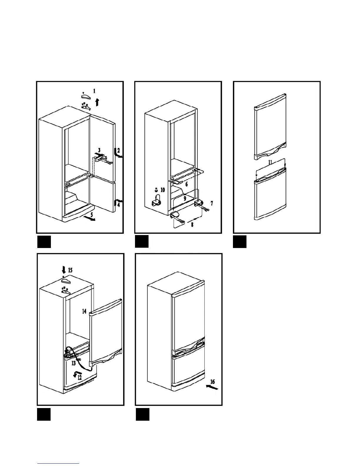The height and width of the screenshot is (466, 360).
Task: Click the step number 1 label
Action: point(94,91)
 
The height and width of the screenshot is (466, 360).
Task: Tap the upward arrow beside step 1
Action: point(97,102)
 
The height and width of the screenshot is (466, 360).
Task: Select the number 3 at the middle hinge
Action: point(99,150)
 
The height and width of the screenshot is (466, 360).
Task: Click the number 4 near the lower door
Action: point(118,205)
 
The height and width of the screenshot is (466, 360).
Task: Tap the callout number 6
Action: point(186,184)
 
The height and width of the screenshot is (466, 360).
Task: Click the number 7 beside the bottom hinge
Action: point(212,203)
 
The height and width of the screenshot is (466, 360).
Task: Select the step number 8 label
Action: point(192,225)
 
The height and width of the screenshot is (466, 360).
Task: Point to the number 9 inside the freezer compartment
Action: point(185,199)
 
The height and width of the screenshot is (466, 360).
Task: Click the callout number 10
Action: point(163,190)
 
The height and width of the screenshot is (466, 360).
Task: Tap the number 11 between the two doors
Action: point(270,162)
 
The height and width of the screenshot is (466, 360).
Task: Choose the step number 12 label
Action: point(80,378)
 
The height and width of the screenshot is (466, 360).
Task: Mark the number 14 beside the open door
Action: point(84,311)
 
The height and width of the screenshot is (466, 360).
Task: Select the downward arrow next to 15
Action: point(64,269)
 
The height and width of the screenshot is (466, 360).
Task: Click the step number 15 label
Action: point(71,270)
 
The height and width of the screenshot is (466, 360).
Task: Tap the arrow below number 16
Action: point(212,388)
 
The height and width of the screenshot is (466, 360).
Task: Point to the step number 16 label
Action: point(213,382)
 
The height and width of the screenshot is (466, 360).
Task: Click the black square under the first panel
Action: point(44,242)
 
